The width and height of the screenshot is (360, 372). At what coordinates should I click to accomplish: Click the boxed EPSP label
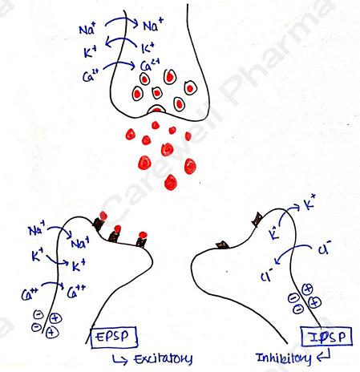(114, 337)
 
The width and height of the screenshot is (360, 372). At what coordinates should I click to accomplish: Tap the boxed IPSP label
(326, 337)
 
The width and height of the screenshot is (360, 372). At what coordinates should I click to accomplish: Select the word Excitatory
(164, 359)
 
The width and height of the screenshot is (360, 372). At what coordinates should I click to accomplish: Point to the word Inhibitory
(283, 358)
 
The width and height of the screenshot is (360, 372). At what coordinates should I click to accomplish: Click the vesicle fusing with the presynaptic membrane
(156, 109)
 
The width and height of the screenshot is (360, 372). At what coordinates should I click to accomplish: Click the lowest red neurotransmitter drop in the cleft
(171, 182)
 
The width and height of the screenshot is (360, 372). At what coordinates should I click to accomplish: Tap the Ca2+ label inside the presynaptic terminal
(150, 66)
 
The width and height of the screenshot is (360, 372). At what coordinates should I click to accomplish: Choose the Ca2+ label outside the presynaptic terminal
(91, 76)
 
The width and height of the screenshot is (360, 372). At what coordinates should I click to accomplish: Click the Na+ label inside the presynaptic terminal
(153, 25)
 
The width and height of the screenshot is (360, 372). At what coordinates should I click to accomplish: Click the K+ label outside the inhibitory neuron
(310, 202)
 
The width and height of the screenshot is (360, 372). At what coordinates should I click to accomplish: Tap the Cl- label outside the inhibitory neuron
(324, 248)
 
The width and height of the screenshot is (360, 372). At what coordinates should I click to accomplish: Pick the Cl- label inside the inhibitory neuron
(267, 276)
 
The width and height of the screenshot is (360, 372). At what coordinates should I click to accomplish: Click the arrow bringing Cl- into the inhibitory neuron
(292, 250)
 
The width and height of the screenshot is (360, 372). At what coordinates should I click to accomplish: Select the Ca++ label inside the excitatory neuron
(76, 292)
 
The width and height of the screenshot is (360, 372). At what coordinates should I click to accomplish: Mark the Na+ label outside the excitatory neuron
(37, 229)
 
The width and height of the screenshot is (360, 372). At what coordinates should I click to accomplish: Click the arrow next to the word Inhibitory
(323, 355)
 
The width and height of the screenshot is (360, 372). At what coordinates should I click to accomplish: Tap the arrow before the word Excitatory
(119, 359)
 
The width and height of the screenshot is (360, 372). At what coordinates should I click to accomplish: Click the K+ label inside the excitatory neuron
(79, 265)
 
